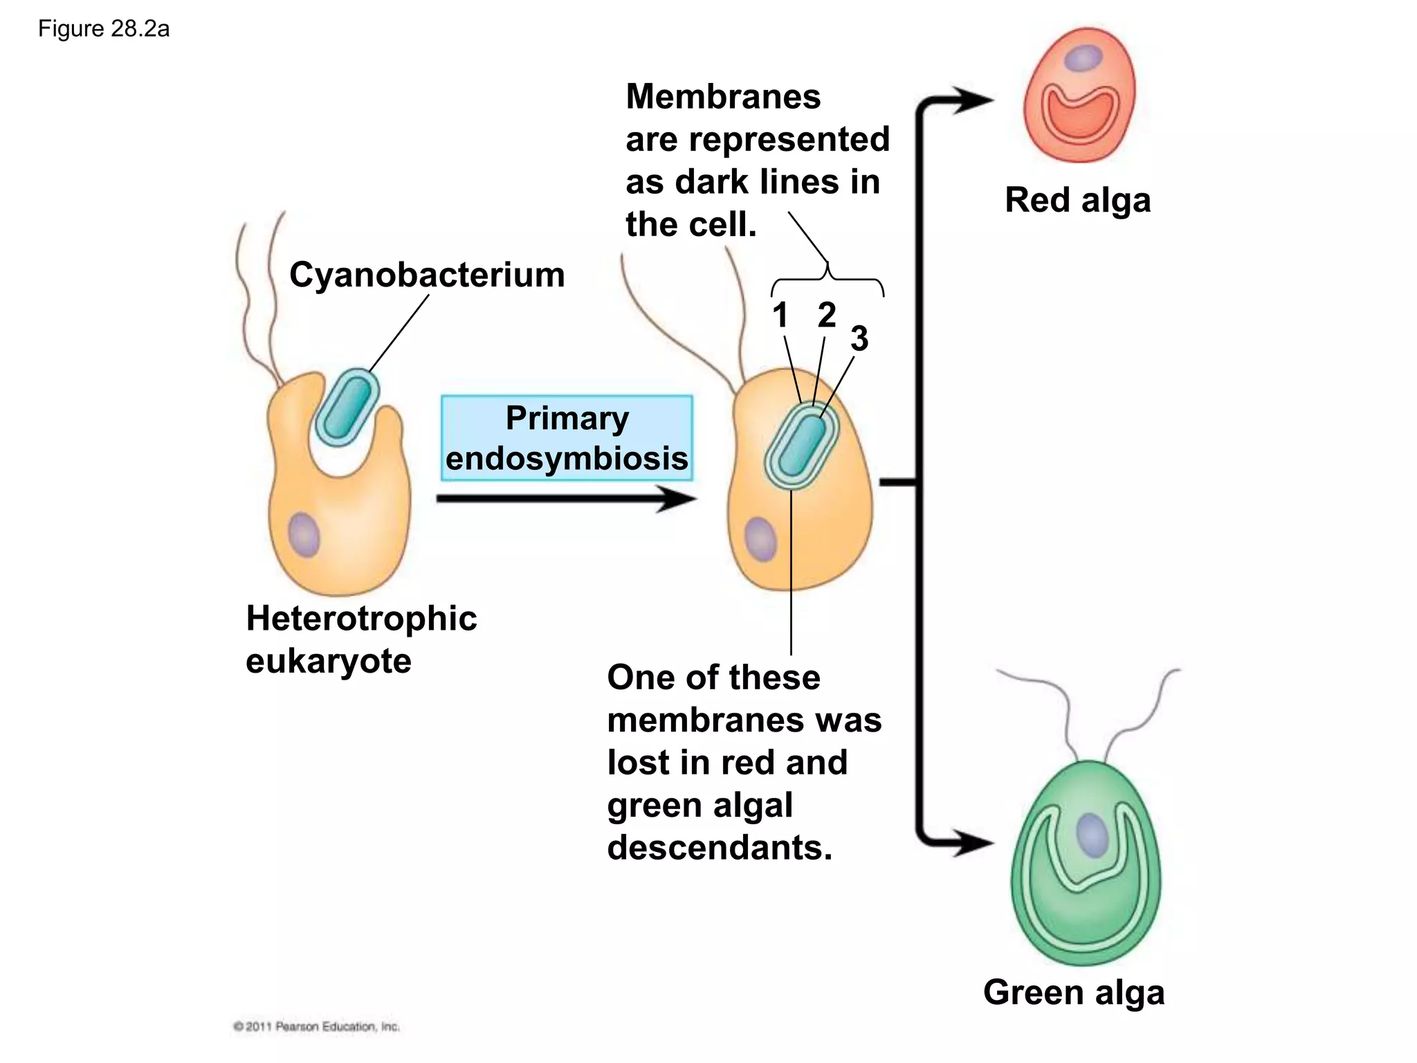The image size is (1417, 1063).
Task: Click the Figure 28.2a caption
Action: point(104,29)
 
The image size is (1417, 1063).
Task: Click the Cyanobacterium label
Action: point(427,275)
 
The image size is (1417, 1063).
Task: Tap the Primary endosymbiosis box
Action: point(567,438)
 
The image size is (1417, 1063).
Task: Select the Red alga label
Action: point(1077,200)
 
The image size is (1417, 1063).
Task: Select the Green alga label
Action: point(1073,992)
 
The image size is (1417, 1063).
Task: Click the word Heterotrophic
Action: point(361,618)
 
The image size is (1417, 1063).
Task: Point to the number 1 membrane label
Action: point(780,316)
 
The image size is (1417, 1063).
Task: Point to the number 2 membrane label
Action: point(826,316)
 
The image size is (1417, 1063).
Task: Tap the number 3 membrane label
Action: point(859,339)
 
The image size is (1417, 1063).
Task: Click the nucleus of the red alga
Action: point(1083,58)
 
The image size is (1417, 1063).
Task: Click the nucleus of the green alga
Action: point(1093,835)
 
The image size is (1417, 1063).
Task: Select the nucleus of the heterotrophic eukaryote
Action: point(304,535)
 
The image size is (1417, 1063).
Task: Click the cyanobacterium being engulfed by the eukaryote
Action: point(347,408)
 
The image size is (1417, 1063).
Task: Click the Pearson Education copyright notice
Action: point(316,1026)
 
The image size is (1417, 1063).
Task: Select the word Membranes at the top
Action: point(723,97)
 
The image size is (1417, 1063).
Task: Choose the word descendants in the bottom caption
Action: point(720,848)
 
